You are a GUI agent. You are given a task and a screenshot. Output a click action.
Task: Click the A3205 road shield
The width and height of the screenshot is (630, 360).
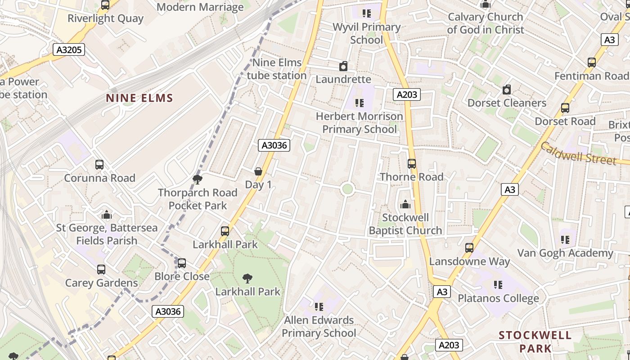[x=69, y=49]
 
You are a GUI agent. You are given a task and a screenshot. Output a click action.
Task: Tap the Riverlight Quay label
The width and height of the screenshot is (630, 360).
[x=105, y=18]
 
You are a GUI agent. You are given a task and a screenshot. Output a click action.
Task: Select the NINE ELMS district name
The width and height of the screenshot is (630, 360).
[x=139, y=98]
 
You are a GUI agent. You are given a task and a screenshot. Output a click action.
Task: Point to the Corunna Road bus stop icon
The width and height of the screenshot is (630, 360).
[x=99, y=165]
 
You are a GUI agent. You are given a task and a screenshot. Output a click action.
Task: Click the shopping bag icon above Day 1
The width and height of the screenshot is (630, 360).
[x=258, y=171]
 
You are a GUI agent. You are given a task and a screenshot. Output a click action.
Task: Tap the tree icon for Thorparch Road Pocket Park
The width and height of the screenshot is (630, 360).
[x=197, y=180]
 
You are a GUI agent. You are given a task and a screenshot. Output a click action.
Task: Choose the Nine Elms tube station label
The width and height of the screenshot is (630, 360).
[x=276, y=69]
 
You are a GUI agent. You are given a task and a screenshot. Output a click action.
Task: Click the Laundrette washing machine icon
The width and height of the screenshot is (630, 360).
[x=343, y=67]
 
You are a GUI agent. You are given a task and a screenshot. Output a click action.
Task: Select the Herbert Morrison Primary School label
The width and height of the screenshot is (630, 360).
[x=360, y=122]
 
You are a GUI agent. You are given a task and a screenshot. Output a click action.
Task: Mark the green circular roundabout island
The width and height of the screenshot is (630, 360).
[x=347, y=189]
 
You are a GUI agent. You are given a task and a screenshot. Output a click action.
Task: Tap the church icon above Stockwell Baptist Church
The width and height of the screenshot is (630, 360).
[x=405, y=205]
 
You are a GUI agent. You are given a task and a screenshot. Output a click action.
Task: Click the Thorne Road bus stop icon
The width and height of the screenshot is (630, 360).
[x=412, y=164]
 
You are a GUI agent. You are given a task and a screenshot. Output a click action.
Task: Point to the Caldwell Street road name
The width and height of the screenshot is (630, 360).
[x=578, y=153]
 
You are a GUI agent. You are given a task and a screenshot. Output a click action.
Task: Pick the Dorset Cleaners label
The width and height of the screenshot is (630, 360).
[x=507, y=103]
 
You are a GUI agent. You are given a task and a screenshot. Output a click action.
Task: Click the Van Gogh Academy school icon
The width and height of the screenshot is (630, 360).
[x=565, y=240]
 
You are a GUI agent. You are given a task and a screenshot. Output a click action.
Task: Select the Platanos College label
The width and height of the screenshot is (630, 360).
[x=498, y=298]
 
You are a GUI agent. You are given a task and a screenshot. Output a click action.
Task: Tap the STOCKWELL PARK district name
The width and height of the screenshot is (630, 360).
[x=535, y=342]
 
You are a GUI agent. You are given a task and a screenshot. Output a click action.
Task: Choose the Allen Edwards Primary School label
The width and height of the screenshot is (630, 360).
[x=319, y=327]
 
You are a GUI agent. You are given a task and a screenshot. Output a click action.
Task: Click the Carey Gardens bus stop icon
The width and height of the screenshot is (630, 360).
[x=101, y=270]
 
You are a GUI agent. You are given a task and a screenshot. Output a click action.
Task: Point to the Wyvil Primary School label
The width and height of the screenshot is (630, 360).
[x=366, y=33]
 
